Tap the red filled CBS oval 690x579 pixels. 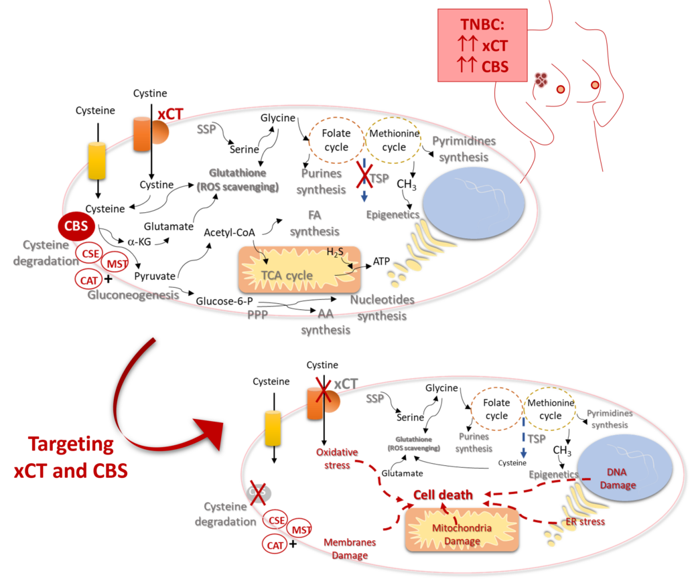(x=76, y=226)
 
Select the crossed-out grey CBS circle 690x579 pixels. (x=257, y=492)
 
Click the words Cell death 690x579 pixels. (x=442, y=495)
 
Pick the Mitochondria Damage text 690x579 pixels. (x=462, y=534)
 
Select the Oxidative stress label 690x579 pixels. (x=336, y=459)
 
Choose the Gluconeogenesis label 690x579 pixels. (x=133, y=295)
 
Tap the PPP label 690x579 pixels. (x=257, y=314)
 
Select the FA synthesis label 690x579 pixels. (x=314, y=224)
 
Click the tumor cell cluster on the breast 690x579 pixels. (x=541, y=80)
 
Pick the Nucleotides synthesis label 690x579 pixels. (x=382, y=307)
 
